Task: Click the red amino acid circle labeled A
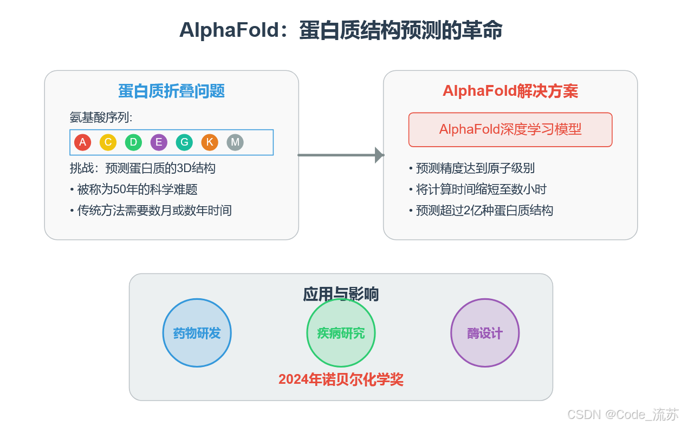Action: (82, 142)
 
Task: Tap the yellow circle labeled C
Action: (108, 142)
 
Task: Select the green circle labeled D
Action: (133, 142)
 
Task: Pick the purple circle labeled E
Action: (159, 142)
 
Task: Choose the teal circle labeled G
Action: (184, 142)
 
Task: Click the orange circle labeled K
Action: (210, 142)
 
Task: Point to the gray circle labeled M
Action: (235, 142)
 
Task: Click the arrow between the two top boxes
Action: (341, 155)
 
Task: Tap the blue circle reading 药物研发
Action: (197, 333)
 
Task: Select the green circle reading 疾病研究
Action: (341, 333)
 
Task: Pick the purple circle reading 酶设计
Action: (485, 333)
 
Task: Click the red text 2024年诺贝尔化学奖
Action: (341, 379)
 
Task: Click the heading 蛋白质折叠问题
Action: (172, 91)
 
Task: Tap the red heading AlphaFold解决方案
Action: (510, 91)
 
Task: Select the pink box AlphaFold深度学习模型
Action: (510, 129)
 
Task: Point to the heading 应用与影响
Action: (341, 294)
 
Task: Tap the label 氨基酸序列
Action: (101, 117)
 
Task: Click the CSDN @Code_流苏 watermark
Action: (622, 415)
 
